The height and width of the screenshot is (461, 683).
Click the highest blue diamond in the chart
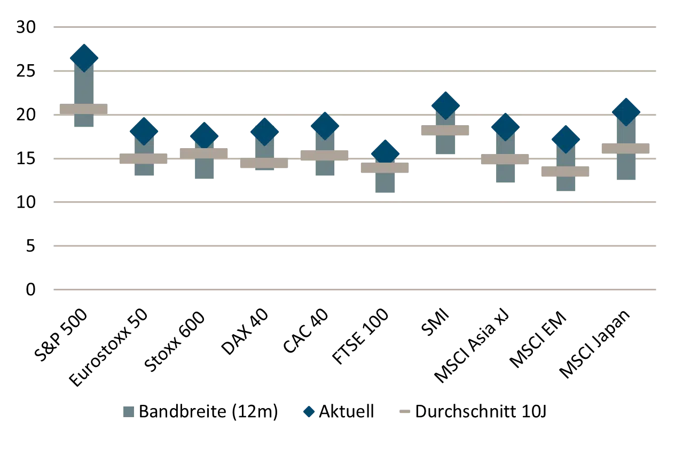84,58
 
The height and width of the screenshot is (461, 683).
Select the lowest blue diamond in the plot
385,153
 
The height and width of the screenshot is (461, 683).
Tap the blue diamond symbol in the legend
309,411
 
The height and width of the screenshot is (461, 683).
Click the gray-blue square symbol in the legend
129,411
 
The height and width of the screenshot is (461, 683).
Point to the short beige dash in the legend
405,411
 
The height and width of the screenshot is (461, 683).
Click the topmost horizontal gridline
355,26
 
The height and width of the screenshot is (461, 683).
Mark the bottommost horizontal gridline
355,289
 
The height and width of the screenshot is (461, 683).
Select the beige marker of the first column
84,109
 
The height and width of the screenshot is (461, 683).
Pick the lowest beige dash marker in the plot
565,172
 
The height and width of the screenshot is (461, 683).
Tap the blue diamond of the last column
626,112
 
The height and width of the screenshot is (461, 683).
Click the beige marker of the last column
626,149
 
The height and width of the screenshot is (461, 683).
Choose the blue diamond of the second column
144,131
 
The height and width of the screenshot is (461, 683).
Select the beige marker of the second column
144,159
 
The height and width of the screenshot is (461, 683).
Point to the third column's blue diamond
204,135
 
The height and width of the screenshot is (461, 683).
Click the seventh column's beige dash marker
445,130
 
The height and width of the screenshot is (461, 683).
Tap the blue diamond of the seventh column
445,105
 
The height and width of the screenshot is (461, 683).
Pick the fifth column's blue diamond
325,126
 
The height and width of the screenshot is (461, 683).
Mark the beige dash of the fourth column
264,163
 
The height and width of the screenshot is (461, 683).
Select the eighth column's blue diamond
505,127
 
